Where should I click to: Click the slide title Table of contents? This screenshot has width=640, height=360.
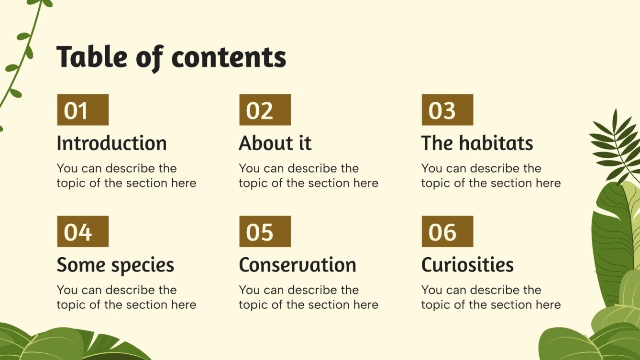(171, 58)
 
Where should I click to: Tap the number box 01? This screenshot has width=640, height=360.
(83, 110)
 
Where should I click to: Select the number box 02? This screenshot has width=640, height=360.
(265, 110)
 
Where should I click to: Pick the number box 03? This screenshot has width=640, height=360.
(447, 110)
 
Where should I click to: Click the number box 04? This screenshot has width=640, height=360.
(83, 231)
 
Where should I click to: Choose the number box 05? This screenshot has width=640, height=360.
(265, 231)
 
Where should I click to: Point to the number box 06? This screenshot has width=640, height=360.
(447, 231)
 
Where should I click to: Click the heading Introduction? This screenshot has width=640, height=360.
(111, 143)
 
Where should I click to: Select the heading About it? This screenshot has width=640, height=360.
(275, 143)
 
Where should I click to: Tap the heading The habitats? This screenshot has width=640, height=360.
(477, 143)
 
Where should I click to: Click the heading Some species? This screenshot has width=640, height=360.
(115, 265)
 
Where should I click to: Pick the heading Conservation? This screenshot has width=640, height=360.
(298, 265)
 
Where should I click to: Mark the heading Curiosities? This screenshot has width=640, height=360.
(467, 265)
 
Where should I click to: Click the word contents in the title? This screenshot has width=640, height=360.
(229, 58)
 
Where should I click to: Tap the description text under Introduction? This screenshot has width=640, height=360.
(126, 175)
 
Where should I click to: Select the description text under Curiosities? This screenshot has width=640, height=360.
(491, 297)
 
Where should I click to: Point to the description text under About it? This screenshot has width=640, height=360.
(309, 175)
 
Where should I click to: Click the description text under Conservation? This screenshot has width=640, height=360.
(309, 297)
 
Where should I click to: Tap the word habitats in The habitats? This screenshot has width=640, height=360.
(496, 143)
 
